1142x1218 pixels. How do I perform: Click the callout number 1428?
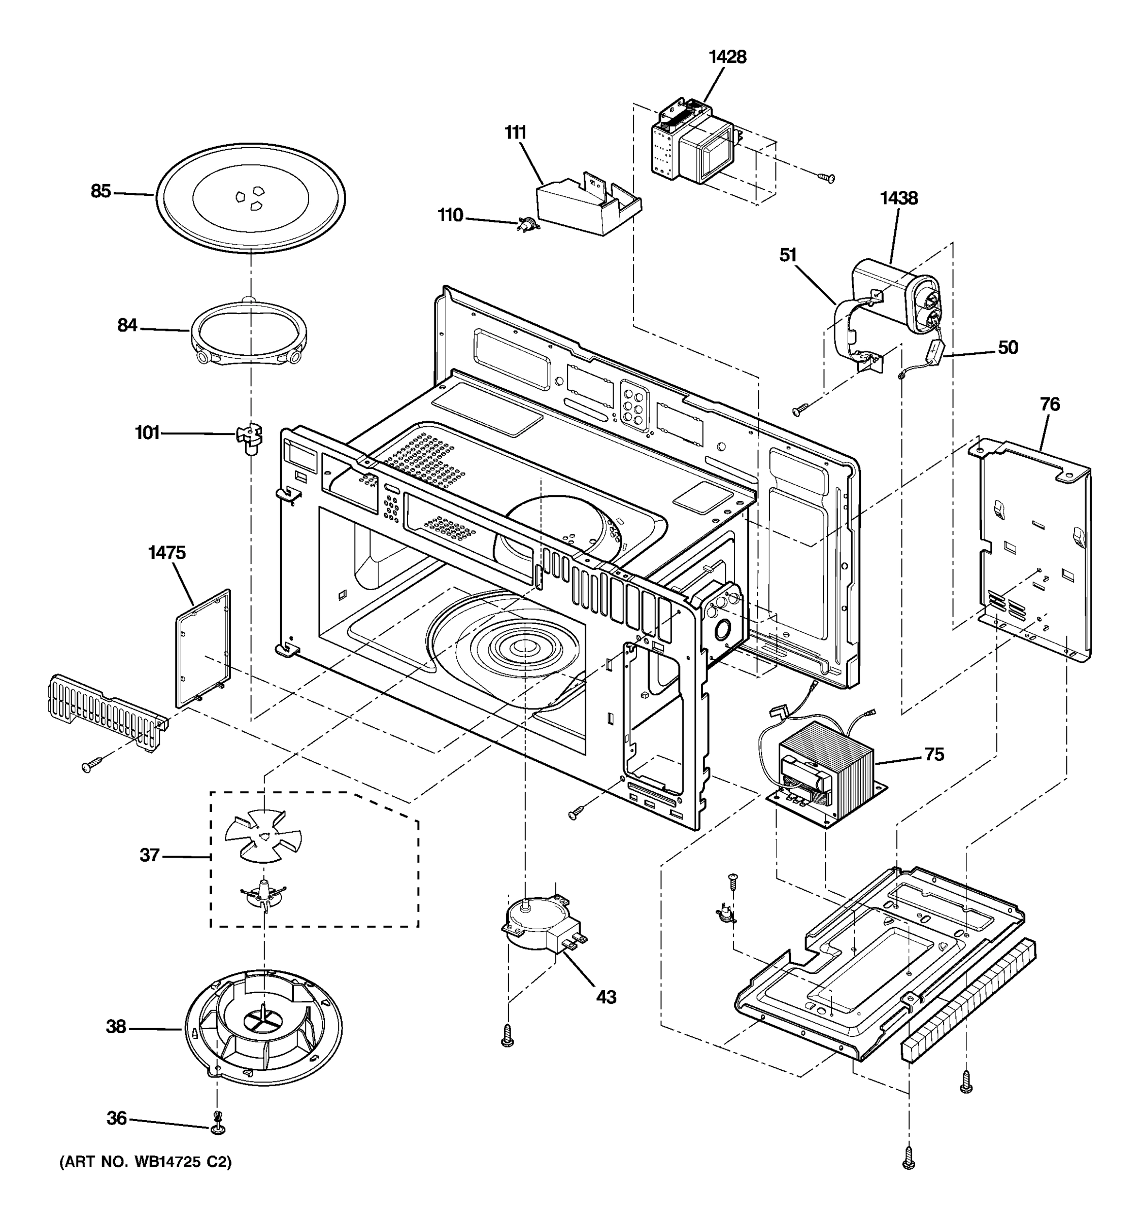pos(727,57)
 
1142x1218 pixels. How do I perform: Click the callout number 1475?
pos(166,553)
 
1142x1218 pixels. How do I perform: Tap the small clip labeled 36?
pos(217,1129)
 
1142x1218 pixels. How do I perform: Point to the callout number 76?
pos(1050,405)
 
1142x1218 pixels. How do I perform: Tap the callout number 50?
pos(1008,348)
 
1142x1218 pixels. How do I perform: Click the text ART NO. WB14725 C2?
pos(145,1179)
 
